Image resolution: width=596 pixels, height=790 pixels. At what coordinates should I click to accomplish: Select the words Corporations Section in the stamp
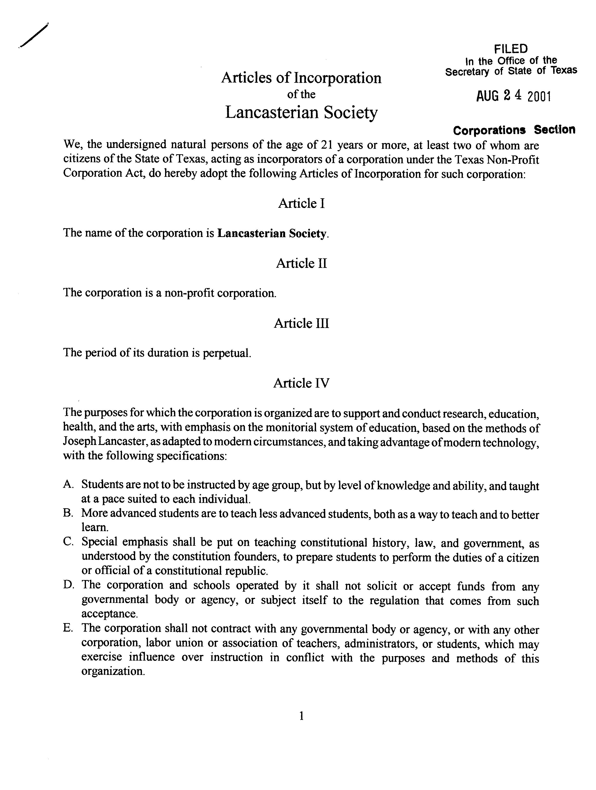[514, 130]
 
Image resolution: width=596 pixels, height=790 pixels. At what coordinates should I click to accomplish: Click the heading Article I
[301, 204]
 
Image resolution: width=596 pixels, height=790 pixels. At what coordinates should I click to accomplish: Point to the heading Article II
[301, 263]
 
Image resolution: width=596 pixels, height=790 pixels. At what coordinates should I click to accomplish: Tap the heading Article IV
[301, 383]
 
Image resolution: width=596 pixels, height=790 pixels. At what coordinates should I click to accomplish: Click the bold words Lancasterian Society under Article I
[272, 234]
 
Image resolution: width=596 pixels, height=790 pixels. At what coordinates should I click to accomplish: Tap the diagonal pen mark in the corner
[34, 35]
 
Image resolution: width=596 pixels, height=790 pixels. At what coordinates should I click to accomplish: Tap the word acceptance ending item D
[109, 614]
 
